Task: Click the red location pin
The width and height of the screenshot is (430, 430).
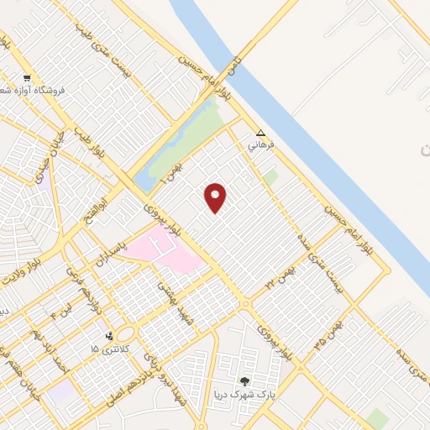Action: (216, 197)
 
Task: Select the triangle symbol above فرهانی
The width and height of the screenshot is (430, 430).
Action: (260, 133)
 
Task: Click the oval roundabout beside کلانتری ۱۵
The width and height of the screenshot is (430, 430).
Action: (130, 334)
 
